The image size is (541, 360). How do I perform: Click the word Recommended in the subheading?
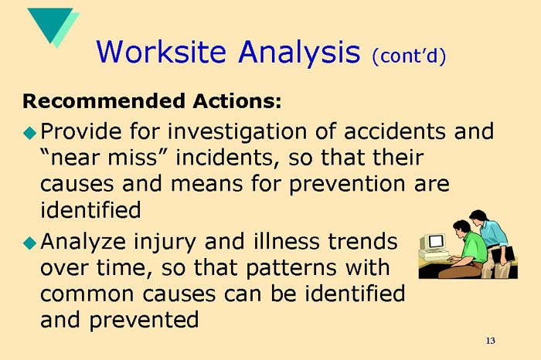pos(102,100)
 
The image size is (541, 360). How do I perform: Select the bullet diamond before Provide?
pos(29,132)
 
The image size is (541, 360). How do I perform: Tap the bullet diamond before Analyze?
pos(29,242)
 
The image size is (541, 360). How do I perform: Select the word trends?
pos(364,241)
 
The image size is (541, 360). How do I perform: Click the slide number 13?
pos(490,341)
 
